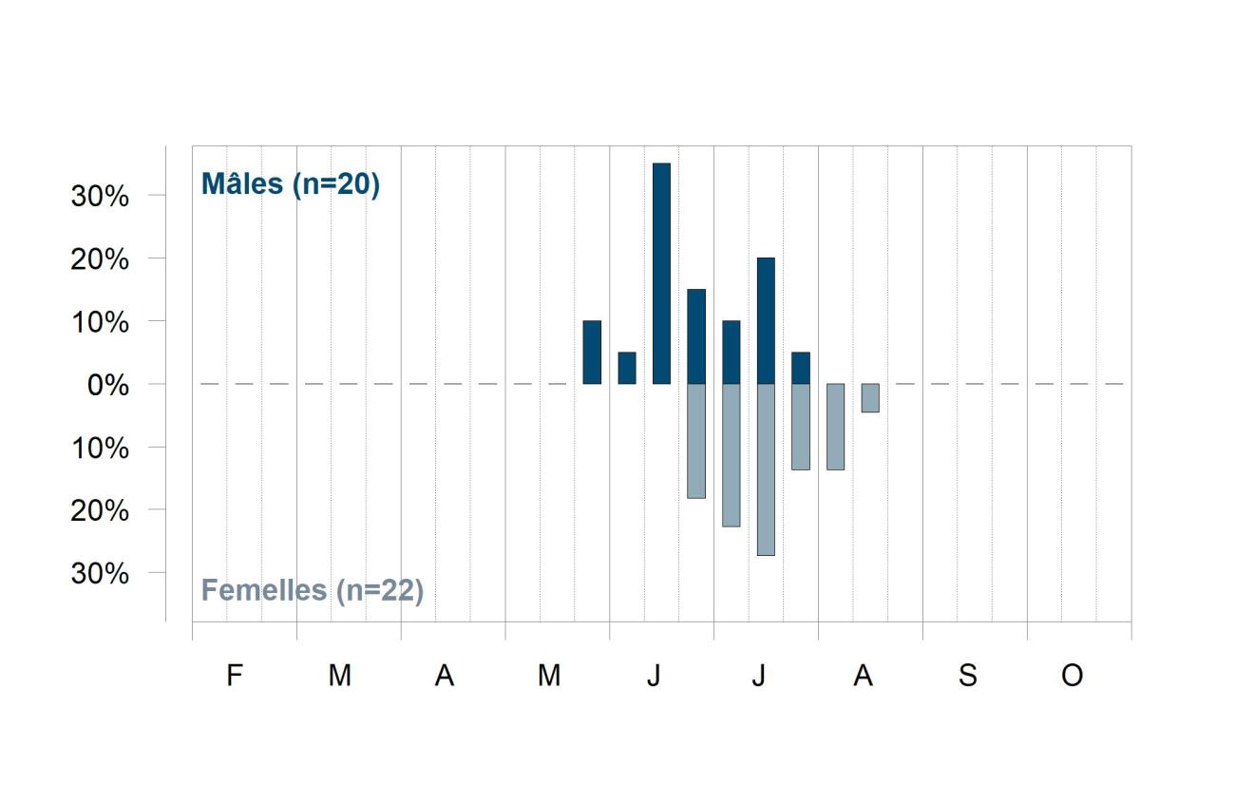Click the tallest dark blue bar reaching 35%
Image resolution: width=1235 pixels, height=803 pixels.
click(661, 274)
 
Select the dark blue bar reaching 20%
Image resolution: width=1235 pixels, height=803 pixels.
click(766, 321)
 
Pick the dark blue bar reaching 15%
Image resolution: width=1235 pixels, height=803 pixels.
click(696, 336)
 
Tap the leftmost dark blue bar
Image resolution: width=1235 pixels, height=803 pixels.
click(592, 352)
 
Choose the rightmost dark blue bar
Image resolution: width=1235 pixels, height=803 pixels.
click(801, 368)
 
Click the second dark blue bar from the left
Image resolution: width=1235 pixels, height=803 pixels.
click(627, 368)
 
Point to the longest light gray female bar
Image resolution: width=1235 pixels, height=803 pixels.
click(766, 469)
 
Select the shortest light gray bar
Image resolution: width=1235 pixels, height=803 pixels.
click(870, 397)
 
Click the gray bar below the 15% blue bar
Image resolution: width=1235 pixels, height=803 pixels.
click(696, 441)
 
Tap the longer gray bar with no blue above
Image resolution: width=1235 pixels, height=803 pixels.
click(836, 427)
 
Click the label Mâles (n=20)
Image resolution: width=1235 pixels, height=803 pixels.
click(291, 184)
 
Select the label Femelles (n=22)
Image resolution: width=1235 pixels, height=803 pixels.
click(313, 591)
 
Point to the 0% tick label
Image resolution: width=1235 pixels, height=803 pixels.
click(108, 385)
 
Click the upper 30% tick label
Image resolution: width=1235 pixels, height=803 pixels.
click(100, 197)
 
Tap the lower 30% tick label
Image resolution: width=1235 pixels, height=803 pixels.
click(100, 574)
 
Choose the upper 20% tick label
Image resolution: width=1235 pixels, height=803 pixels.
click(100, 259)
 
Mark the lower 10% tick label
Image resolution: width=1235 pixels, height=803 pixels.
click(100, 448)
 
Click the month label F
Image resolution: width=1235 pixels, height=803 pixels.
click(235, 675)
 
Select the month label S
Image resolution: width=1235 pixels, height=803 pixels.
click(968, 675)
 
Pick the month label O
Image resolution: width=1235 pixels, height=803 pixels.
click(1073, 675)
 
